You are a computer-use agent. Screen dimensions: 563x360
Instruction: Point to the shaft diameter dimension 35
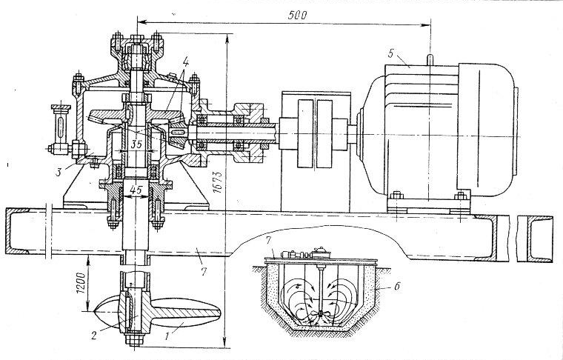[x=136, y=144]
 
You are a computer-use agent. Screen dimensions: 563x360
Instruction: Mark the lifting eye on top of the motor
[x=428, y=57]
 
